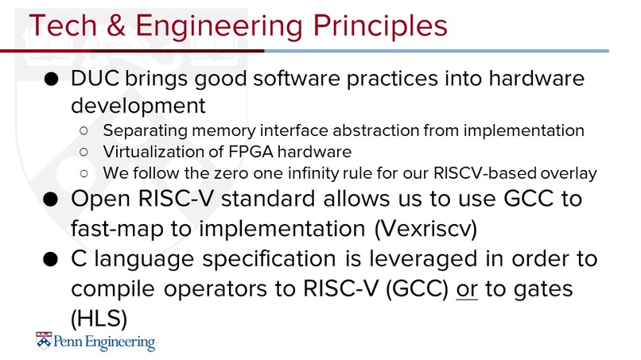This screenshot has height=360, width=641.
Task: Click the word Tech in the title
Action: [63, 25]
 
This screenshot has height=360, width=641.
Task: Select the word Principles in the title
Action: [380, 26]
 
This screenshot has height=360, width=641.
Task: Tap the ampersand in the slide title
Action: [116, 25]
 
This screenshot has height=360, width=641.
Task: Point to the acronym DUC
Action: [95, 78]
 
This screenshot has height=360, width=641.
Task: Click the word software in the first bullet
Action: [297, 78]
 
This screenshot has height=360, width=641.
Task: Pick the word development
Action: [138, 106]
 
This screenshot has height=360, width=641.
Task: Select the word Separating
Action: [146, 131]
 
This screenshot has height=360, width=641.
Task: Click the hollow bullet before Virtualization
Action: [84, 152]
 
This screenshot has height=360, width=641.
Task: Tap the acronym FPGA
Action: [251, 152]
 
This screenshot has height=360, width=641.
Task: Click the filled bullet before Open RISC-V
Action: [51, 199]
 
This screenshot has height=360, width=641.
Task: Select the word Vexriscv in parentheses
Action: [425, 229]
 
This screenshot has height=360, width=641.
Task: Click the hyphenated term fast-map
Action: [117, 228]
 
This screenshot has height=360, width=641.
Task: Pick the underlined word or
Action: [467, 289]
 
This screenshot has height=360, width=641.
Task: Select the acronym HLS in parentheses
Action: [99, 319]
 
